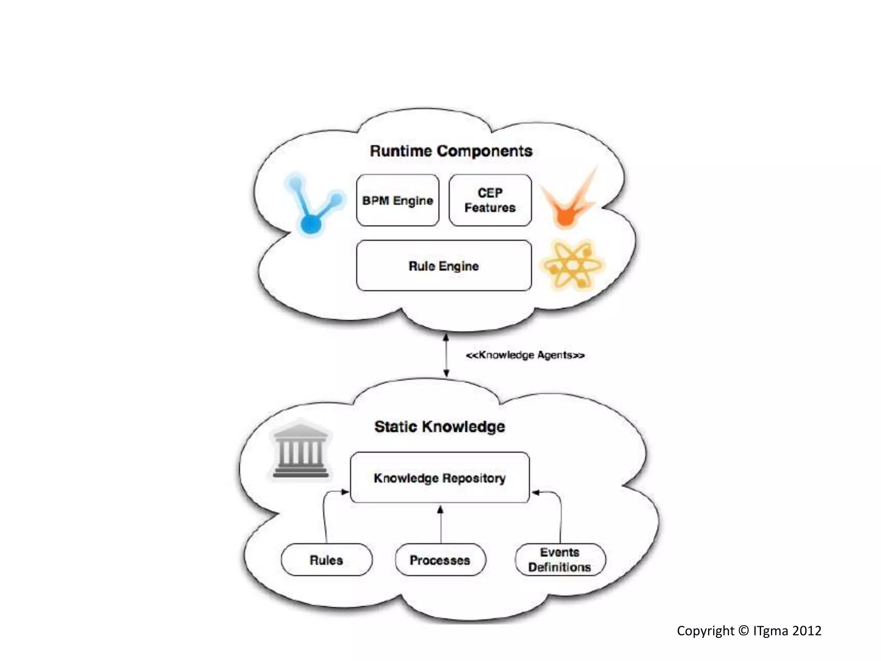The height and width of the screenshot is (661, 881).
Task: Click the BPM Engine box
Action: pyautogui.click(x=397, y=201)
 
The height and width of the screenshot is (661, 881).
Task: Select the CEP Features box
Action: pyautogui.click(x=490, y=201)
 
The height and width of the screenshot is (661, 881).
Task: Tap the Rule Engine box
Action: pyautogui.click(x=444, y=266)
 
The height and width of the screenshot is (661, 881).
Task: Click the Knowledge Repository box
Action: pyautogui.click(x=440, y=478)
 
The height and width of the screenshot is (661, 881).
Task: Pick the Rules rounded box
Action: pyautogui.click(x=327, y=560)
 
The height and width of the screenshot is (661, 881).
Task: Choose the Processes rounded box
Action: pyautogui.click(x=440, y=560)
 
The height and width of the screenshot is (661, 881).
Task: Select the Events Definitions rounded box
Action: pyautogui.click(x=560, y=560)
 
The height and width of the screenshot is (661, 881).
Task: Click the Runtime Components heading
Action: pyautogui.click(x=451, y=151)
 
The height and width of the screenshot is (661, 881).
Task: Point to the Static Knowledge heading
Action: pyautogui.click(x=440, y=426)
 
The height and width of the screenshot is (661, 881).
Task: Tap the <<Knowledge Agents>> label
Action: pyautogui.click(x=525, y=355)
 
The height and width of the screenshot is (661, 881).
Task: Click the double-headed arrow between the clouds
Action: pyautogui.click(x=446, y=355)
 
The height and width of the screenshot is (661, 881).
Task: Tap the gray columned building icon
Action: pyautogui.click(x=300, y=450)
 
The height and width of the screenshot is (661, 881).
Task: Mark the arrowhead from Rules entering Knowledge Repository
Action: pyautogui.click(x=345, y=492)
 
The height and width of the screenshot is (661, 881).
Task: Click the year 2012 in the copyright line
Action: pyautogui.click(x=807, y=631)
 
